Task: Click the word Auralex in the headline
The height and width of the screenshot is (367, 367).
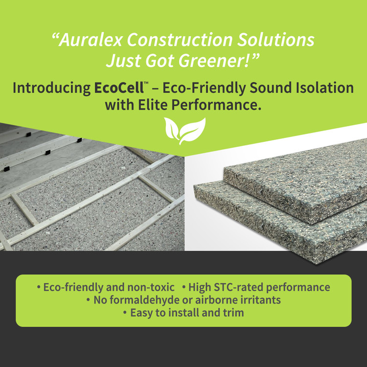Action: pos(89,40)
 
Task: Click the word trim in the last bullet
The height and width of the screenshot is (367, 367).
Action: pos(233,313)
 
